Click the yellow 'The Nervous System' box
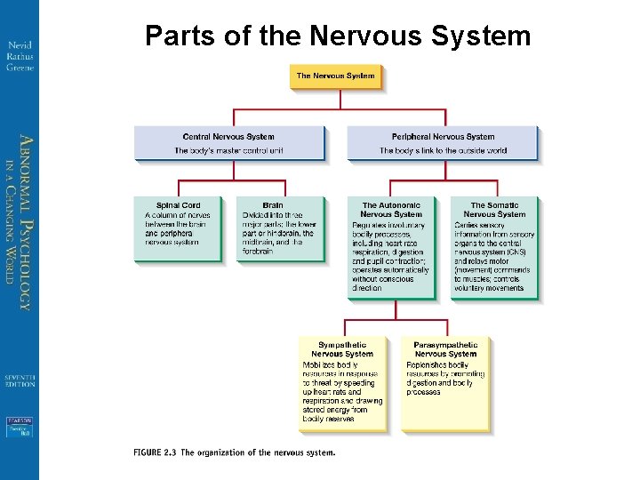(335, 76)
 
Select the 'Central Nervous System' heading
(228, 137)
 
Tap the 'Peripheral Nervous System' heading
(443, 137)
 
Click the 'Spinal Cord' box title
(178, 205)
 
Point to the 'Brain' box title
(273, 205)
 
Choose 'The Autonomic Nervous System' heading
(391, 210)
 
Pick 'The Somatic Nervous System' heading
(494, 210)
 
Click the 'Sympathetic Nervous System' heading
(342, 348)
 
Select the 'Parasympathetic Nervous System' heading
(445, 348)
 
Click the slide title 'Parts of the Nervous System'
(337, 36)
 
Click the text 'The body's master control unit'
(228, 151)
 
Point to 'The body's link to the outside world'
(443, 151)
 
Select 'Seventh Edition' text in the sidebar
(20, 380)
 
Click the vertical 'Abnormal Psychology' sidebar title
(26, 222)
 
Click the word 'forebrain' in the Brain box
(258, 251)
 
